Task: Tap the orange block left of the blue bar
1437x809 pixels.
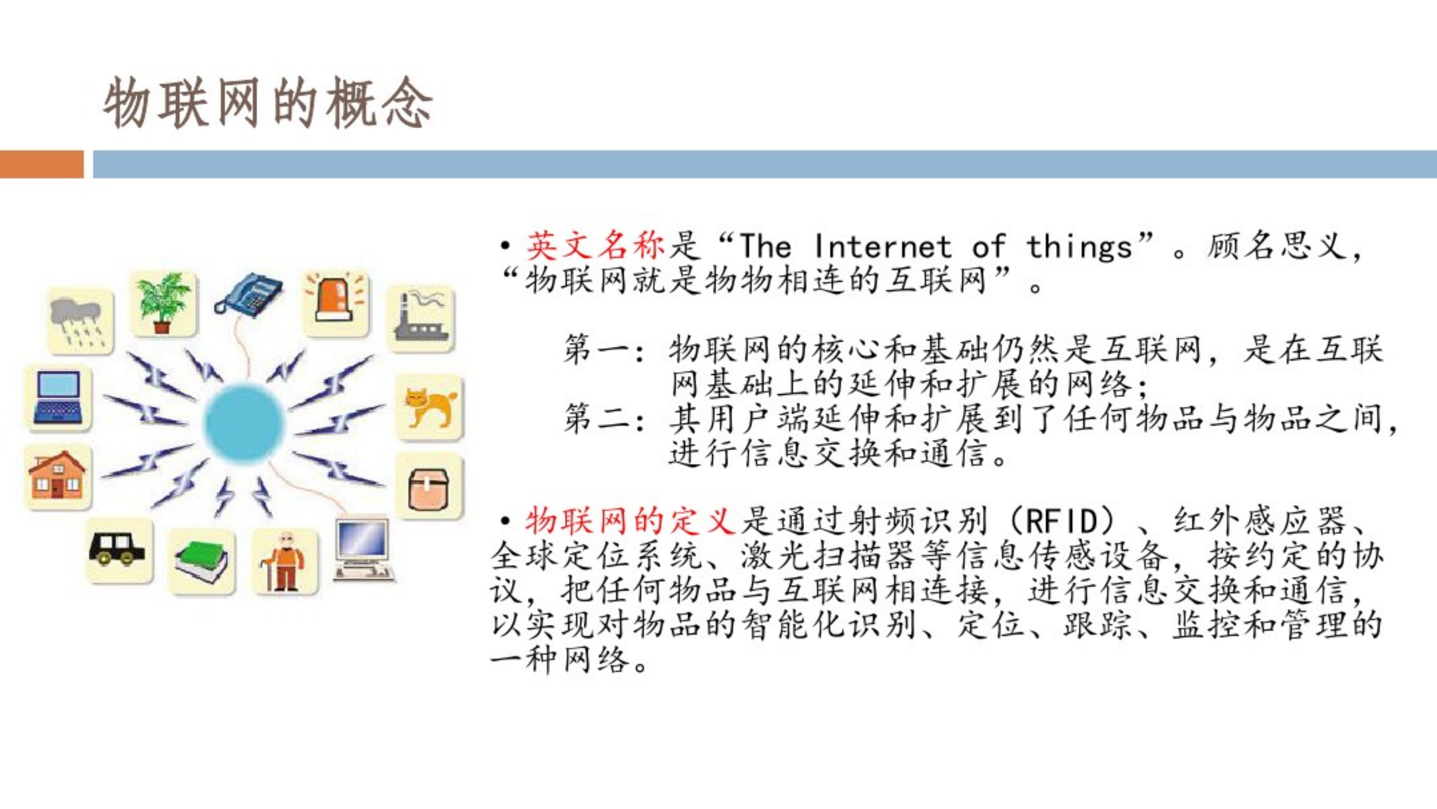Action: pyautogui.click(x=41, y=164)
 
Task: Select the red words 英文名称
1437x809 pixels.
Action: pyautogui.click(x=595, y=246)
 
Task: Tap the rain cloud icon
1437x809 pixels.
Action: pyautogui.click(x=80, y=321)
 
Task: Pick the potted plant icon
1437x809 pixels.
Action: pyautogui.click(x=163, y=303)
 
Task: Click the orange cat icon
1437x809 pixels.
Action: pyautogui.click(x=430, y=407)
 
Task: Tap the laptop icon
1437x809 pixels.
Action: pyautogui.click(x=58, y=397)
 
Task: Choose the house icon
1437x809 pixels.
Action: pyautogui.click(x=58, y=476)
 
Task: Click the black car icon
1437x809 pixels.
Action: pyautogui.click(x=118, y=549)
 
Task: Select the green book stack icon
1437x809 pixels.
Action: pyautogui.click(x=201, y=561)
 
